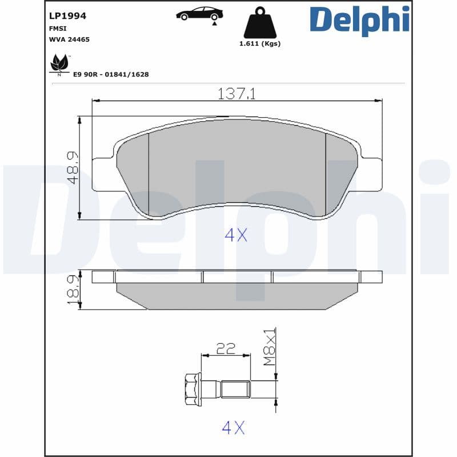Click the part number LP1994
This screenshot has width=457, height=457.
tap(68, 16)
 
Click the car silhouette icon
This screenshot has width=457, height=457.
tap(199, 14)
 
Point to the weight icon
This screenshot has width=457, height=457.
tap(260, 24)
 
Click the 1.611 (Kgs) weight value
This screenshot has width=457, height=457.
tap(260, 44)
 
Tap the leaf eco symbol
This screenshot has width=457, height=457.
tap(59, 63)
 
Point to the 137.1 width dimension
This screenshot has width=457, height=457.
tap(236, 94)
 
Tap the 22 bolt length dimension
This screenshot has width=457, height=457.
tap(226, 348)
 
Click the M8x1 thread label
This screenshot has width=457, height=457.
tap(269, 347)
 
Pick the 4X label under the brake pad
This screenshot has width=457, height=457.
tap(235, 234)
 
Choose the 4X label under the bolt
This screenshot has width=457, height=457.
tap(233, 427)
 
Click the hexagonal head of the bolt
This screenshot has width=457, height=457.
tap(191, 390)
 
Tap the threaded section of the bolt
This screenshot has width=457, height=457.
tap(235, 390)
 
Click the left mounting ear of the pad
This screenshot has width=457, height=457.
tap(103, 174)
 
